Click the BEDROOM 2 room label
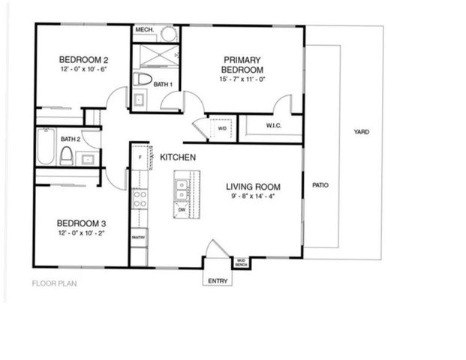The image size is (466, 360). (84, 60)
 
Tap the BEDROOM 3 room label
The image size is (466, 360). (84, 223)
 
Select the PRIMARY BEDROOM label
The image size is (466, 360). (242, 64)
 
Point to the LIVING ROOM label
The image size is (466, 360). (254, 187)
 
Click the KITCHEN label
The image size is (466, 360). (178, 157)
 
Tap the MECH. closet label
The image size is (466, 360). (144, 31)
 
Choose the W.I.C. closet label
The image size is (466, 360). (273, 126)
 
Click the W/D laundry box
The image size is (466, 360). (222, 128)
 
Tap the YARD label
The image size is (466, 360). (362, 132)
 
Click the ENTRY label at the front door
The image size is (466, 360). (218, 281)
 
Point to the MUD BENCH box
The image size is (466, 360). (242, 262)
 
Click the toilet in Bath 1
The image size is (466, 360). (142, 79)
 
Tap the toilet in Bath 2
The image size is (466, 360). (66, 155)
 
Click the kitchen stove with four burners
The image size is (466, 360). (140, 198)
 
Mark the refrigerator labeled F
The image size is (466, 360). (140, 157)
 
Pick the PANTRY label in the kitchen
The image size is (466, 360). (139, 237)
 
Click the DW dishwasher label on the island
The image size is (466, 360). (182, 210)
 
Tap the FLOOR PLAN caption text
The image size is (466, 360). (54, 283)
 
